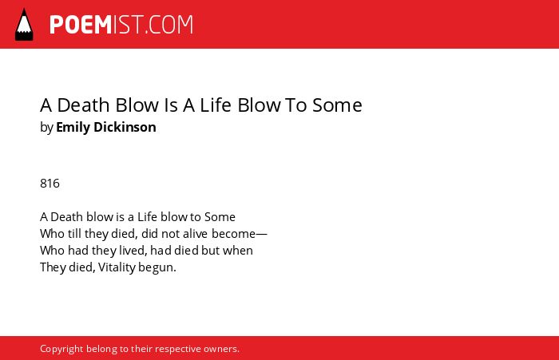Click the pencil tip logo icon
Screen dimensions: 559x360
pos(24,25)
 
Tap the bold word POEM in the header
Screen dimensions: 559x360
pos(81,25)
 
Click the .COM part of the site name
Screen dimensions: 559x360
pos(169,25)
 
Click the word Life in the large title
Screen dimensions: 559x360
pos(216,105)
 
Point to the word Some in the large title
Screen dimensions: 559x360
pos(337,105)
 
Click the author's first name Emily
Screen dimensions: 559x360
pos(73,128)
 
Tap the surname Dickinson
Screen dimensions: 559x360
pos(125,127)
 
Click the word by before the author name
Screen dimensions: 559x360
pos(46,128)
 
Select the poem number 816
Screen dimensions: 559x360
pos(50,184)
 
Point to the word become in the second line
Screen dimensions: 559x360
pos(233,234)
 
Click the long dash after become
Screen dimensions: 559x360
pos(261,235)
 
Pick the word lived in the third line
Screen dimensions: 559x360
pos(132,251)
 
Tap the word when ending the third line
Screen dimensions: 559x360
pos(238,251)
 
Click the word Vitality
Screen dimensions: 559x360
pos(117,267)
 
